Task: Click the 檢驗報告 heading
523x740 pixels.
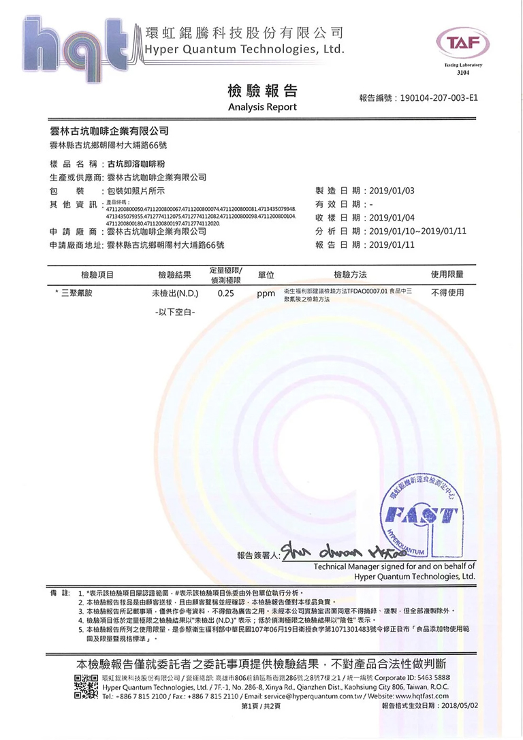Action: click(261, 92)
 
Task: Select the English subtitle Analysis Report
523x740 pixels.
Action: click(262, 108)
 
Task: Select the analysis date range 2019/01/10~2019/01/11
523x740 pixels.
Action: click(417, 231)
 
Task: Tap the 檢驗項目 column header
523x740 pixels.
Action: click(97, 274)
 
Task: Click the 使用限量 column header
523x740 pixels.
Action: click(447, 274)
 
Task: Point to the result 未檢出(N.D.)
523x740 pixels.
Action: click(174, 294)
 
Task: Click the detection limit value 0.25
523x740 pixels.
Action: click(226, 294)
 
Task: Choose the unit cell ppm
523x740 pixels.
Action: click(266, 295)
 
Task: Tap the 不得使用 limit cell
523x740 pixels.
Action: click(447, 293)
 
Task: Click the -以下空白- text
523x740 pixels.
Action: click(174, 312)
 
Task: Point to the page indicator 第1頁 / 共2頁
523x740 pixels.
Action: click(261, 706)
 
